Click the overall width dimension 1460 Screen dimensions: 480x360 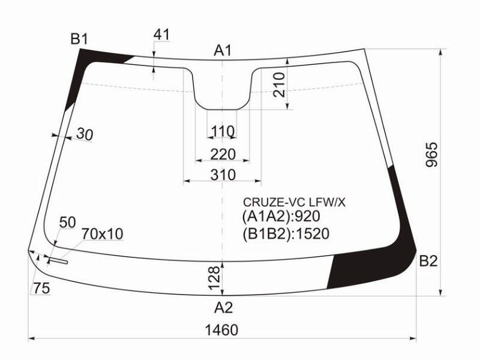pyautogui.click(x=221, y=330)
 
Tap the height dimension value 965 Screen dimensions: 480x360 pyautogui.click(x=432, y=154)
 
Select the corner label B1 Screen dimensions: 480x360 pyautogui.click(x=79, y=39)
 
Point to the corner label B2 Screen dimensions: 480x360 pyautogui.click(x=428, y=261)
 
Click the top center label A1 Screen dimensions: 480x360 pyautogui.click(x=223, y=50)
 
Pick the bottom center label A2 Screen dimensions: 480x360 pyautogui.click(x=223, y=307)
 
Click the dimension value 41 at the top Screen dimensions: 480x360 pyautogui.click(x=161, y=35)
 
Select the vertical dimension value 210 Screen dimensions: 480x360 pyautogui.click(x=279, y=85)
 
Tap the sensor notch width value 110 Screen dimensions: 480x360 pyautogui.click(x=223, y=131)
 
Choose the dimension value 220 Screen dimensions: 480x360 pyautogui.click(x=223, y=154)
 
